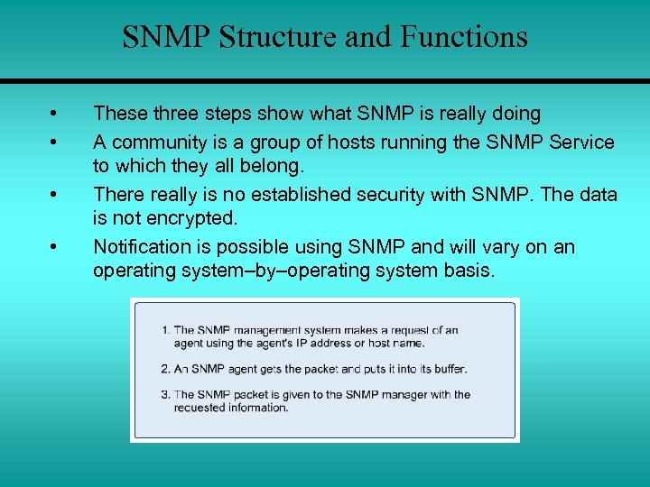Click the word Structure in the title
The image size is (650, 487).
click(x=266, y=38)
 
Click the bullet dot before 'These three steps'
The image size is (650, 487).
click(x=54, y=115)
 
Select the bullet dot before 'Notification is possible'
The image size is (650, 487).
click(x=54, y=247)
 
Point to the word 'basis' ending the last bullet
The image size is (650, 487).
click(x=467, y=271)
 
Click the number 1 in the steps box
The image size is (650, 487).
click(x=165, y=330)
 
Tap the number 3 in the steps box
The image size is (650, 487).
click(x=165, y=394)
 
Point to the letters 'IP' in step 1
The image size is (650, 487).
click(x=292, y=343)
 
